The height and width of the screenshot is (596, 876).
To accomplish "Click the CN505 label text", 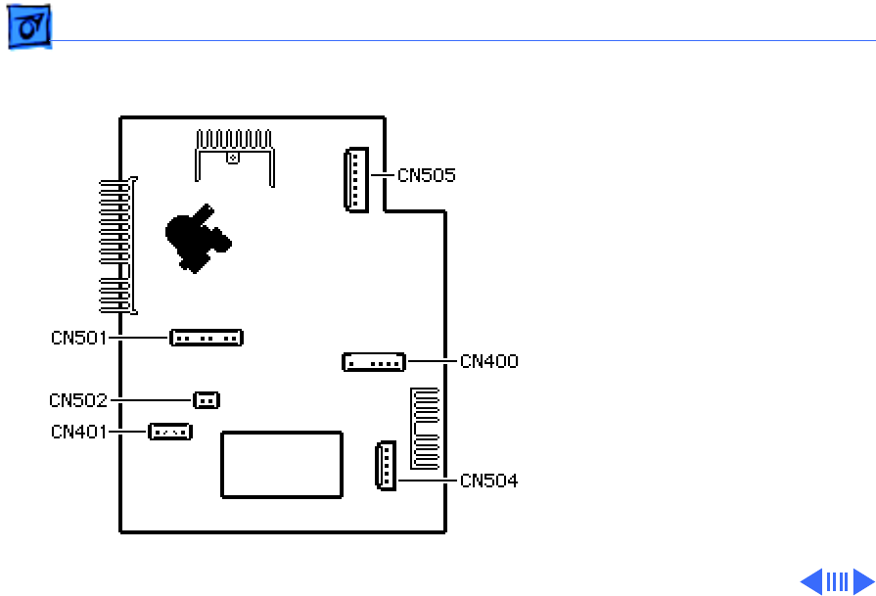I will (427, 176).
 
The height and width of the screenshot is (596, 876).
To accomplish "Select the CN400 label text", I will (489, 361).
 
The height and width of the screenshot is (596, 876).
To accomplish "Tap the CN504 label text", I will (489, 481).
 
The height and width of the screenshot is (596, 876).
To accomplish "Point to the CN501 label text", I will (80, 338).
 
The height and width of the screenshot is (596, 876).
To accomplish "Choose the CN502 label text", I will (78, 399).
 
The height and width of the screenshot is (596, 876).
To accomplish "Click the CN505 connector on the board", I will (355, 179).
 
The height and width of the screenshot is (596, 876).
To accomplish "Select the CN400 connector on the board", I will (374, 362).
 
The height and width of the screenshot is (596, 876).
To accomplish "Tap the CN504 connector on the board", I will (385, 465).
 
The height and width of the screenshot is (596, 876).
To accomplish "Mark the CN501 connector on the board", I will (206, 338).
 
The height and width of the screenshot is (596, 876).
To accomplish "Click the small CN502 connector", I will (206, 399).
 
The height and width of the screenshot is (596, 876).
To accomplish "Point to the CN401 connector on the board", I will (169, 431).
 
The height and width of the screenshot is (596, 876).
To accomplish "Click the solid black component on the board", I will (195, 239).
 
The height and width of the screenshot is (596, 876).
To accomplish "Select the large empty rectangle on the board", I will (282, 465).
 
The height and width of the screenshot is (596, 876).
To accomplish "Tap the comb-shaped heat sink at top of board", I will (232, 152).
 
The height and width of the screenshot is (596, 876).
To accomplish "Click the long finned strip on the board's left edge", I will (118, 245).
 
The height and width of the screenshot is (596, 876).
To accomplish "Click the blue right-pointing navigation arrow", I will (862, 582).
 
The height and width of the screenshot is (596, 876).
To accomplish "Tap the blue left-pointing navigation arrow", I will (811, 582).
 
